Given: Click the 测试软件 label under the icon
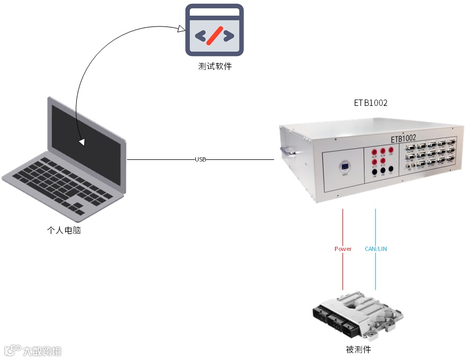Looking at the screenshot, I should click(x=215, y=67).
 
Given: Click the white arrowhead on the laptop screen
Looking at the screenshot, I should click(x=82, y=142).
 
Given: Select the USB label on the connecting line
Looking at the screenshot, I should click(x=200, y=159).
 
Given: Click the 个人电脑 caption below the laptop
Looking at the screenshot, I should click(x=64, y=230).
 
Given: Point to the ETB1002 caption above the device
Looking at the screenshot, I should click(x=371, y=103).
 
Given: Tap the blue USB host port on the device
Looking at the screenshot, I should click(x=345, y=168).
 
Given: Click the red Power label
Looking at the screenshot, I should click(x=343, y=249).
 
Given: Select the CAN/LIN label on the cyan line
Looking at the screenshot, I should click(x=376, y=249).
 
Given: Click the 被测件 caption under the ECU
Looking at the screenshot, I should click(x=358, y=350).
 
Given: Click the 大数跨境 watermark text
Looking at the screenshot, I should click(x=42, y=350).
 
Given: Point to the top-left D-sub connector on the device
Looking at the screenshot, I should click(x=411, y=145).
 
